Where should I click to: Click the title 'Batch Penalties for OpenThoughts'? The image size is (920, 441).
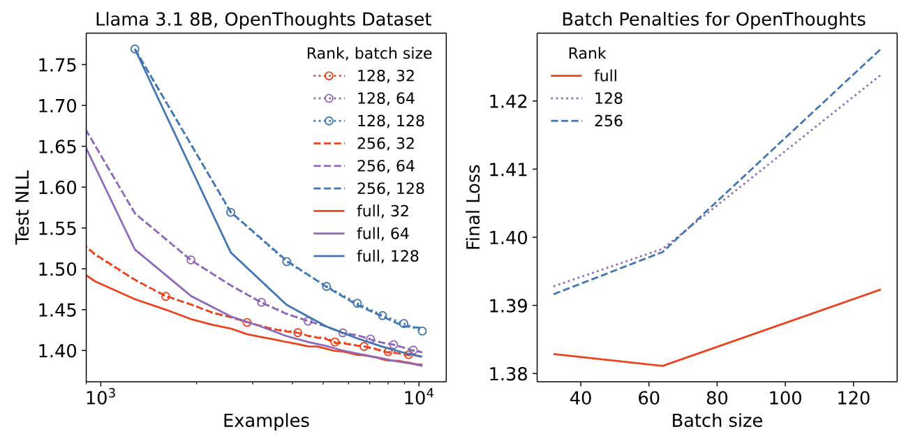tap(713, 20)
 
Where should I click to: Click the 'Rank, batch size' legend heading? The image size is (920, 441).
tap(369, 53)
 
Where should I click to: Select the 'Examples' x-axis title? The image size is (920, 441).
tap(266, 421)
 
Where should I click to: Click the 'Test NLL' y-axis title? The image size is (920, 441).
tap(24, 207)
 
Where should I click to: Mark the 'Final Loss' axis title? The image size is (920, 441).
tap(474, 207)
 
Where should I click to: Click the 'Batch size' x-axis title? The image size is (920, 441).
tap(717, 421)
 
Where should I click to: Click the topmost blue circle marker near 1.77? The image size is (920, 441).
tap(135, 50)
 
